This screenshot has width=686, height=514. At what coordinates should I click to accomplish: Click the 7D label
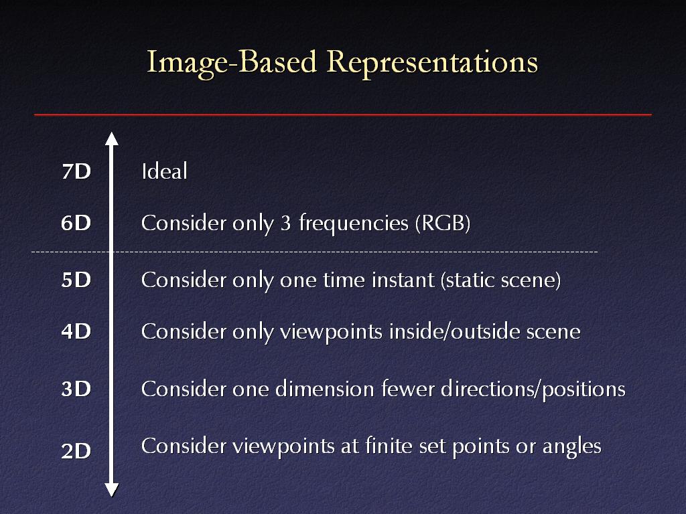pyautogui.click(x=76, y=171)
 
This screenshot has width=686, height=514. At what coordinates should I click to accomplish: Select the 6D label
pyautogui.click(x=76, y=223)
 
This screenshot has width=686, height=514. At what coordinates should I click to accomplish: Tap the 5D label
pyautogui.click(x=76, y=280)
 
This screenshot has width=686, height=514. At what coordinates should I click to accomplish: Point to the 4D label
pyautogui.click(x=76, y=331)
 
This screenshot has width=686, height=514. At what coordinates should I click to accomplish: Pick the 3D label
pyautogui.click(x=76, y=389)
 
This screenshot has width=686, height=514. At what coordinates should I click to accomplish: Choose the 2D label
pyautogui.click(x=76, y=450)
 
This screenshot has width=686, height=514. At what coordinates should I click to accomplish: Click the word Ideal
pyautogui.click(x=165, y=171)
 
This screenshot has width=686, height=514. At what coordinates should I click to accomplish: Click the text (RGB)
pyautogui.click(x=443, y=223)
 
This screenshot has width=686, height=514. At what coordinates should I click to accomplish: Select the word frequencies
pyautogui.click(x=354, y=224)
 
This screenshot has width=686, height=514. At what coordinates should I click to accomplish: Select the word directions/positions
pyautogui.click(x=533, y=390)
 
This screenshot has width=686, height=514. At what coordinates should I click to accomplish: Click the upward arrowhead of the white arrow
pyautogui.click(x=112, y=139)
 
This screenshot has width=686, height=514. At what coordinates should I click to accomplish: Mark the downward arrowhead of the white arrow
pyautogui.click(x=112, y=490)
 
